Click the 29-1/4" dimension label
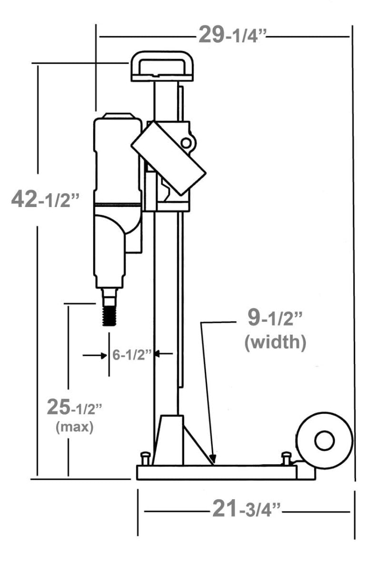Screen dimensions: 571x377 tap(232, 36)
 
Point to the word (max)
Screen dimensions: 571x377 tap(74, 426)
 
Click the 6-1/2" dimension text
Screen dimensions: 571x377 tap(132, 354)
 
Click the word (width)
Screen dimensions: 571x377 tap(275, 342)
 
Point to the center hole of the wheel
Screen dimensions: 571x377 tap(324, 441)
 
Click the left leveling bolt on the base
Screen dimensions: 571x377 tap(145, 459)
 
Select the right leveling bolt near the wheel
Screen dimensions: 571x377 tap(286, 459)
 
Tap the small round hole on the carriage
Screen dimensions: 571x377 tap(186, 143)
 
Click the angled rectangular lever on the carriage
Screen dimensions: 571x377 tap(168, 158)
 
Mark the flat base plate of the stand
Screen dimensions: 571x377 tap(217, 472)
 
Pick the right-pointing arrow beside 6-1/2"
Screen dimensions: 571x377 tap(95, 355)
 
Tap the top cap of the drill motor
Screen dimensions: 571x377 tap(117, 115)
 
